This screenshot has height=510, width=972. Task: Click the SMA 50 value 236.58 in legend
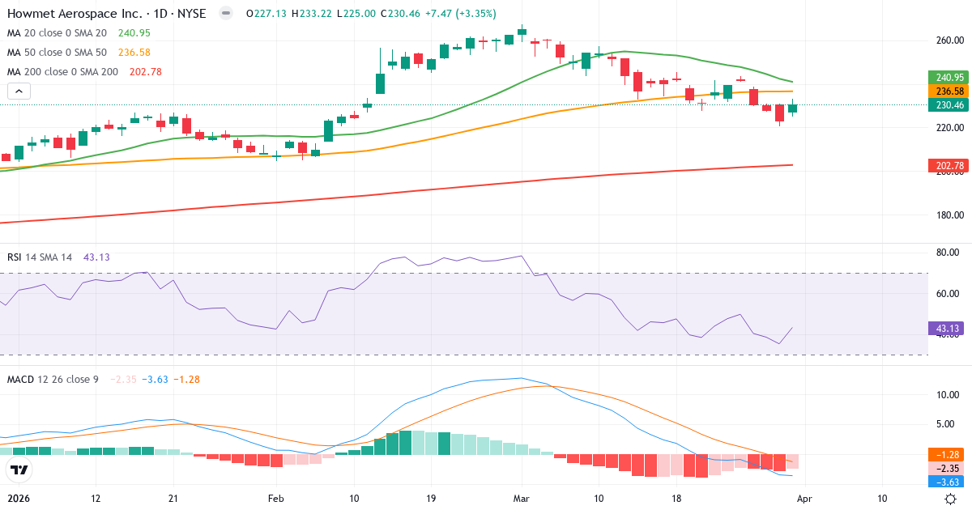coord(134,53)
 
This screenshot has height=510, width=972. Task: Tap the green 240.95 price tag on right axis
coord(948,78)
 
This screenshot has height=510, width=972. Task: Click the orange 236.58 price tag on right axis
coord(948,91)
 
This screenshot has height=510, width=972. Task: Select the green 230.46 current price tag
coord(948,105)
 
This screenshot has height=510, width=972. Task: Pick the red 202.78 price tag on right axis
coord(948,166)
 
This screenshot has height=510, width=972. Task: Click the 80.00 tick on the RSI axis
coord(947,253)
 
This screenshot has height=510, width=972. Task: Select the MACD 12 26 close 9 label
coord(53,379)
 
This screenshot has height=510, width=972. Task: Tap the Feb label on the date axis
coord(276,498)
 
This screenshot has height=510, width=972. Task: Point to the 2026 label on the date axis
coord(19,498)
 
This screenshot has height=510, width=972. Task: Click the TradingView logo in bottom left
coord(19,470)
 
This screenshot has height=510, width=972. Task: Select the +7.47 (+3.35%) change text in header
coord(457,13)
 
